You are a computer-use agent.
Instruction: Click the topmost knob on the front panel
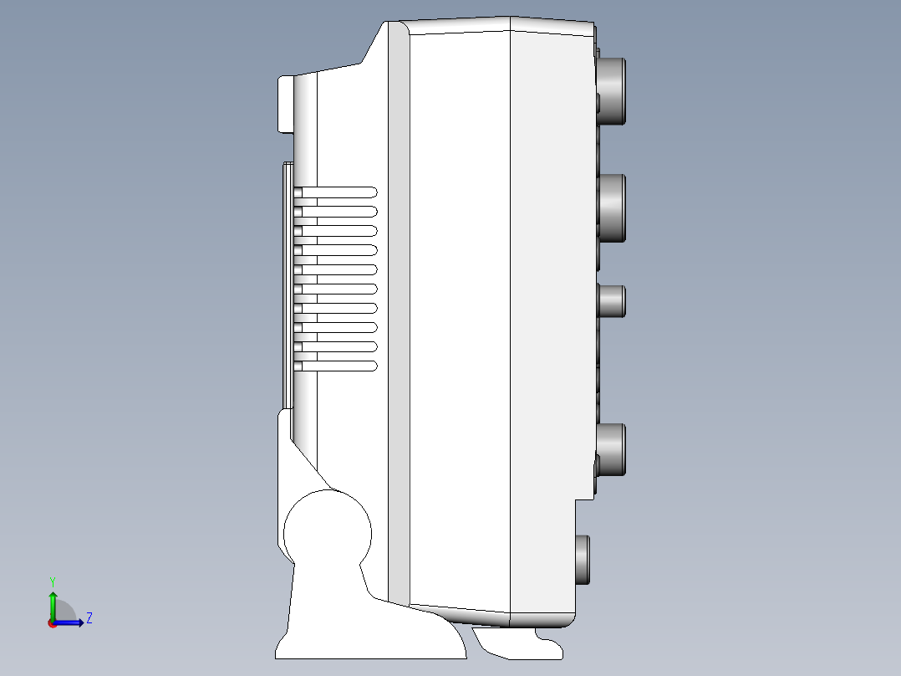click(x=612, y=91)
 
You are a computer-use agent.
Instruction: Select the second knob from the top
click(x=612, y=207)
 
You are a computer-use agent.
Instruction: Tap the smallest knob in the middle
click(x=612, y=301)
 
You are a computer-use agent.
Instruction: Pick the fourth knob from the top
click(x=611, y=450)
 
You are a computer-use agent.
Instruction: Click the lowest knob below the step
click(x=583, y=560)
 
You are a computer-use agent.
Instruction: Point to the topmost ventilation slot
click(x=336, y=192)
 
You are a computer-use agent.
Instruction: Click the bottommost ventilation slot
click(x=336, y=366)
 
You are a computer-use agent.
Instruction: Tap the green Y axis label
click(x=53, y=582)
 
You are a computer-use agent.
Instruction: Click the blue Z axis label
click(x=89, y=618)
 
